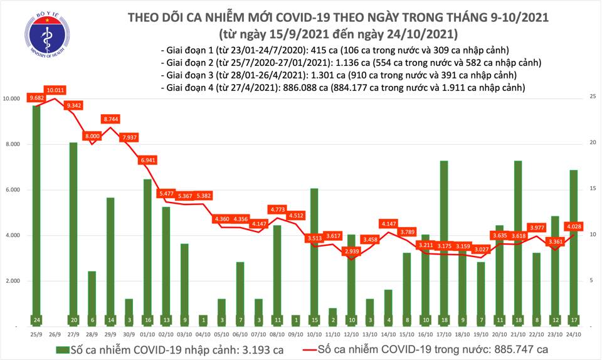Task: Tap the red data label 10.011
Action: pyautogui.click(x=55, y=90)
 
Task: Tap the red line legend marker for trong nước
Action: pyautogui.click(x=304, y=348)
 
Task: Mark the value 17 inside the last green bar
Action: pyautogui.click(x=574, y=319)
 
